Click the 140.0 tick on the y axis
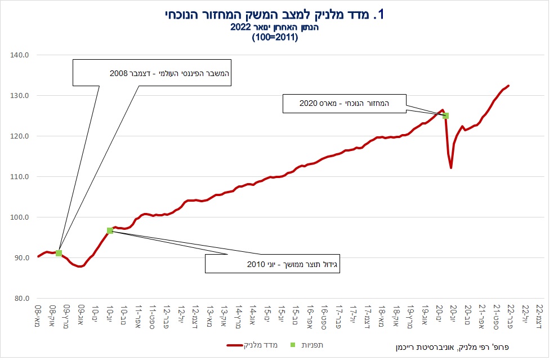[x=19, y=55]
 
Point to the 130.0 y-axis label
[x=19, y=96]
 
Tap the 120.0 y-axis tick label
[x=19, y=136]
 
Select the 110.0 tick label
[x=19, y=177]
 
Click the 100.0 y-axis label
[x=19, y=217]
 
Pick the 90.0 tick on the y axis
[x=22, y=258]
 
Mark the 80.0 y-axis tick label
[x=22, y=299]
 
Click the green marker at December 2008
[x=59, y=253]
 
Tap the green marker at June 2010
[x=110, y=231]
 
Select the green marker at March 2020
[x=445, y=115]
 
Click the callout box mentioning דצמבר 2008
[x=152, y=73]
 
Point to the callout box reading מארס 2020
[x=344, y=104]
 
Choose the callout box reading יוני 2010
[x=273, y=264]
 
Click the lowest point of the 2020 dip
[x=451, y=168]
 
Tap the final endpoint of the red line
[x=508, y=86]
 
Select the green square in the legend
[x=293, y=345]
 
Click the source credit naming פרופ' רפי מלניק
[x=452, y=347]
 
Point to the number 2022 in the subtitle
[x=240, y=28]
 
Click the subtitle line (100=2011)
[x=275, y=37]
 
